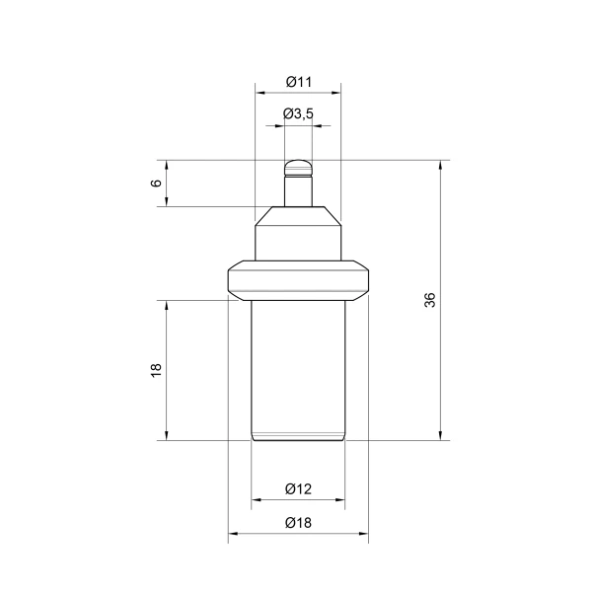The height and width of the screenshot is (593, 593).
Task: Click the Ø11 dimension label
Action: tap(299, 82)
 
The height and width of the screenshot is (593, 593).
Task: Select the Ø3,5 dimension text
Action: tap(298, 113)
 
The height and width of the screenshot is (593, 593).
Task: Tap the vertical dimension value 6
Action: tap(156, 184)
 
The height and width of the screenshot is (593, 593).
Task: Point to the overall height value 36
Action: tap(430, 300)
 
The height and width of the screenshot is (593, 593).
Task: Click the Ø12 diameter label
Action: tap(298, 489)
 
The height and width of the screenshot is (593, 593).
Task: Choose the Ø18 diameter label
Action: tap(298, 523)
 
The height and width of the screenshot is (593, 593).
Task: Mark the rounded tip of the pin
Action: tap(298, 168)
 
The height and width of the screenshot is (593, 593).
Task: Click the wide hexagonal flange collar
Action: tap(298, 280)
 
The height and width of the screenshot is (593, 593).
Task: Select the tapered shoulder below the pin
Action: tap(298, 216)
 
